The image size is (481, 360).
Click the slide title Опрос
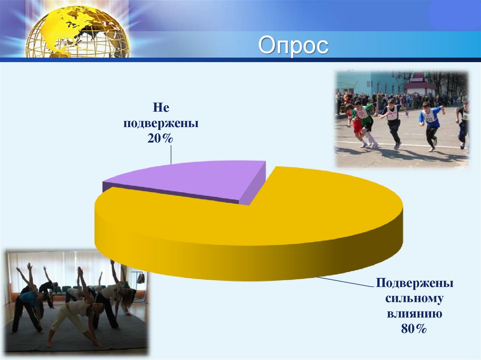(293, 46)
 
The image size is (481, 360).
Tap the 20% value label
(160, 138)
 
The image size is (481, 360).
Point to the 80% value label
(414, 329)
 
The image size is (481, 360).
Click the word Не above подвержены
(161, 107)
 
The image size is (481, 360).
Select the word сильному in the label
(414, 299)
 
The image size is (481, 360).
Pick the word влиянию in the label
(414, 314)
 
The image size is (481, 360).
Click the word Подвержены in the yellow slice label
(414, 283)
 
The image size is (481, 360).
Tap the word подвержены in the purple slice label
(161, 123)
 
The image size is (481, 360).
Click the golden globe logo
(78, 32)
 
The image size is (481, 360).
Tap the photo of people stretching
(77, 302)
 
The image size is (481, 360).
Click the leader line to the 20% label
(171, 154)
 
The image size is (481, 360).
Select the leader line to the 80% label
(346, 282)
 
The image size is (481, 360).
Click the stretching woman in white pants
(77, 310)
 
